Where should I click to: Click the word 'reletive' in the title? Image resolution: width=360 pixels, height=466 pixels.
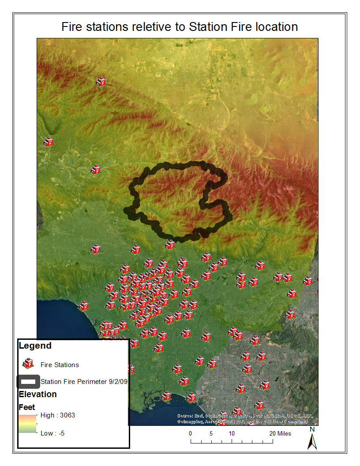(160, 26)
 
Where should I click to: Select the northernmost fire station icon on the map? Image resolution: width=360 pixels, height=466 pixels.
(101, 82)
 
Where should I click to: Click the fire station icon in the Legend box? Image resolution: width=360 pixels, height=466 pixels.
(28, 364)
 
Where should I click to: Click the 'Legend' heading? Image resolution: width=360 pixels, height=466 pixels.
(35, 346)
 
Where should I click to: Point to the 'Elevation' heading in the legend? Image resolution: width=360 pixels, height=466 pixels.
(37, 394)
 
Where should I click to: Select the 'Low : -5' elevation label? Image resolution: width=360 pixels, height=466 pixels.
(52, 433)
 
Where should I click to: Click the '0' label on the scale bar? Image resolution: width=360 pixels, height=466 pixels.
(191, 433)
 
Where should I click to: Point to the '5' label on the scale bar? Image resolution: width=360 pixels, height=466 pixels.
(211, 433)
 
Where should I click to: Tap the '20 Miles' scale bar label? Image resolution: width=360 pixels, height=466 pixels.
(280, 433)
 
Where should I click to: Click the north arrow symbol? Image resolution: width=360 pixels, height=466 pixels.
(312, 441)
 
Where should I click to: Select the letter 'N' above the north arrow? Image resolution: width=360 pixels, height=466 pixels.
(312, 429)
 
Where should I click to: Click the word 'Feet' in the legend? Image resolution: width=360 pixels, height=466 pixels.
(27, 407)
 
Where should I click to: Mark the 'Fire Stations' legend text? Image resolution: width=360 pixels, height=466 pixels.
(60, 365)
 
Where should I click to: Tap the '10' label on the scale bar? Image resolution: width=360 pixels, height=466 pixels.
(231, 433)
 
